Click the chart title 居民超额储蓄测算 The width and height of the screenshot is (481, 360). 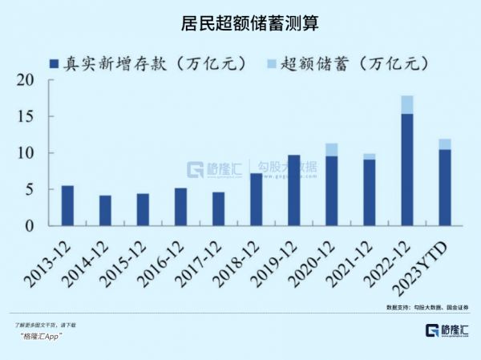[x=240, y=25]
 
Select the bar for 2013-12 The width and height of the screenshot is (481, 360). [x=67, y=206]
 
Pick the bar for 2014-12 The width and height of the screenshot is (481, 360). [x=105, y=211]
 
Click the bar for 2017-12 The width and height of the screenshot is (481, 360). [x=218, y=209]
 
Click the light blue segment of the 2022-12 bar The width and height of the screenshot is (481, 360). [x=406, y=104]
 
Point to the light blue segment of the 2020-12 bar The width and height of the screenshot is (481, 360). [x=331, y=149]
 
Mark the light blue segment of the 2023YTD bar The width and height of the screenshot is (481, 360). [x=444, y=144]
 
